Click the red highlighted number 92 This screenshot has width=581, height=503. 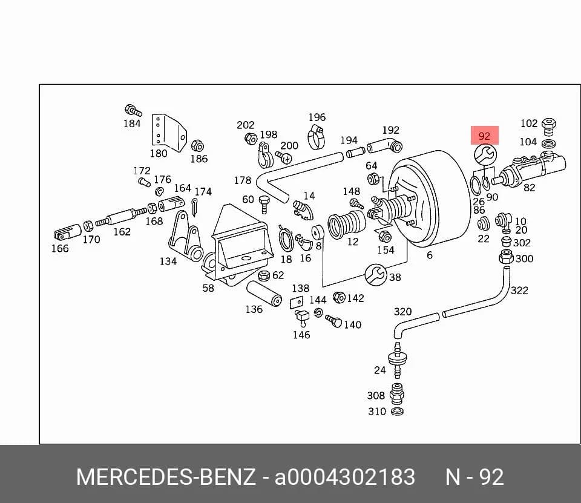[484, 136]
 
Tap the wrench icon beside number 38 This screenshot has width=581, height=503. [376, 275]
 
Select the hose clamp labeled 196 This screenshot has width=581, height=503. [316, 136]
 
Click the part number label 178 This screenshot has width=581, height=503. [242, 180]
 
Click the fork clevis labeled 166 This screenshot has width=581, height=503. [67, 233]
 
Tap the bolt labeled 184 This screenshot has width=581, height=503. [133, 110]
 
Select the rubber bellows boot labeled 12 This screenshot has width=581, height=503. [346, 224]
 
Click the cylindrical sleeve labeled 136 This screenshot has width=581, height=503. [264, 293]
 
